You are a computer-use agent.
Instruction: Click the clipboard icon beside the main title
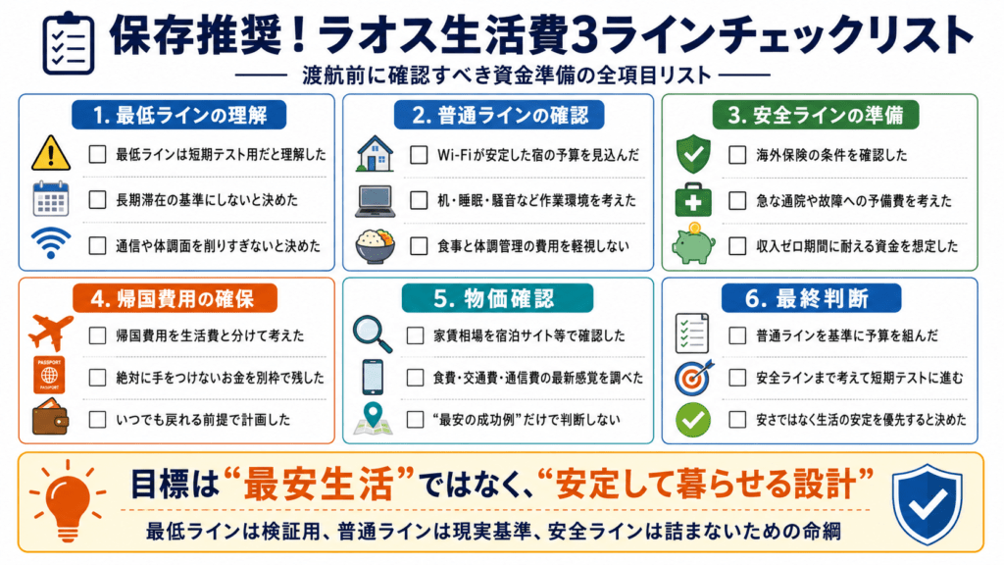[69, 43]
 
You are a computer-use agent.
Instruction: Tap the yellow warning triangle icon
[51, 153]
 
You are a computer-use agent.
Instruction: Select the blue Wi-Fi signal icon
[51, 242]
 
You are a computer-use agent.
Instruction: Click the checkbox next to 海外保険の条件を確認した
[737, 154]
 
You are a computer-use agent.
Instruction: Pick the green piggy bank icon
[693, 243]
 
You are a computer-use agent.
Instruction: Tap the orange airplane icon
[51, 334]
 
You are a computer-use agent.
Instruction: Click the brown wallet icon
[51, 418]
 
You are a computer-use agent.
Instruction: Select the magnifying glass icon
[372, 334]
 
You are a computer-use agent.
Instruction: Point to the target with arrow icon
[693, 377]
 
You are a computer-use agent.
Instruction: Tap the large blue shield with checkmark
[927, 503]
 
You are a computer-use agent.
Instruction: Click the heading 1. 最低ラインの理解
[178, 116]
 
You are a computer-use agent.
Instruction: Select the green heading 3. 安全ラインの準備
[815, 116]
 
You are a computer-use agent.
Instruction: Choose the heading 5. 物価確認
[497, 298]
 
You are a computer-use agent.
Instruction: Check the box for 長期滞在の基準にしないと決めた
[97, 200]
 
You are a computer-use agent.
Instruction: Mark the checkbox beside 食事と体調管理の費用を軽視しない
[419, 246]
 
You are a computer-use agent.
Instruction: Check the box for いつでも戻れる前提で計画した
[97, 420]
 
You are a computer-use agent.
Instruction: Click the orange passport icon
[49, 375]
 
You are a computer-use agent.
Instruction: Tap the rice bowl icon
[375, 246]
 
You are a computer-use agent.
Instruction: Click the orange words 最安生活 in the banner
[320, 485]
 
